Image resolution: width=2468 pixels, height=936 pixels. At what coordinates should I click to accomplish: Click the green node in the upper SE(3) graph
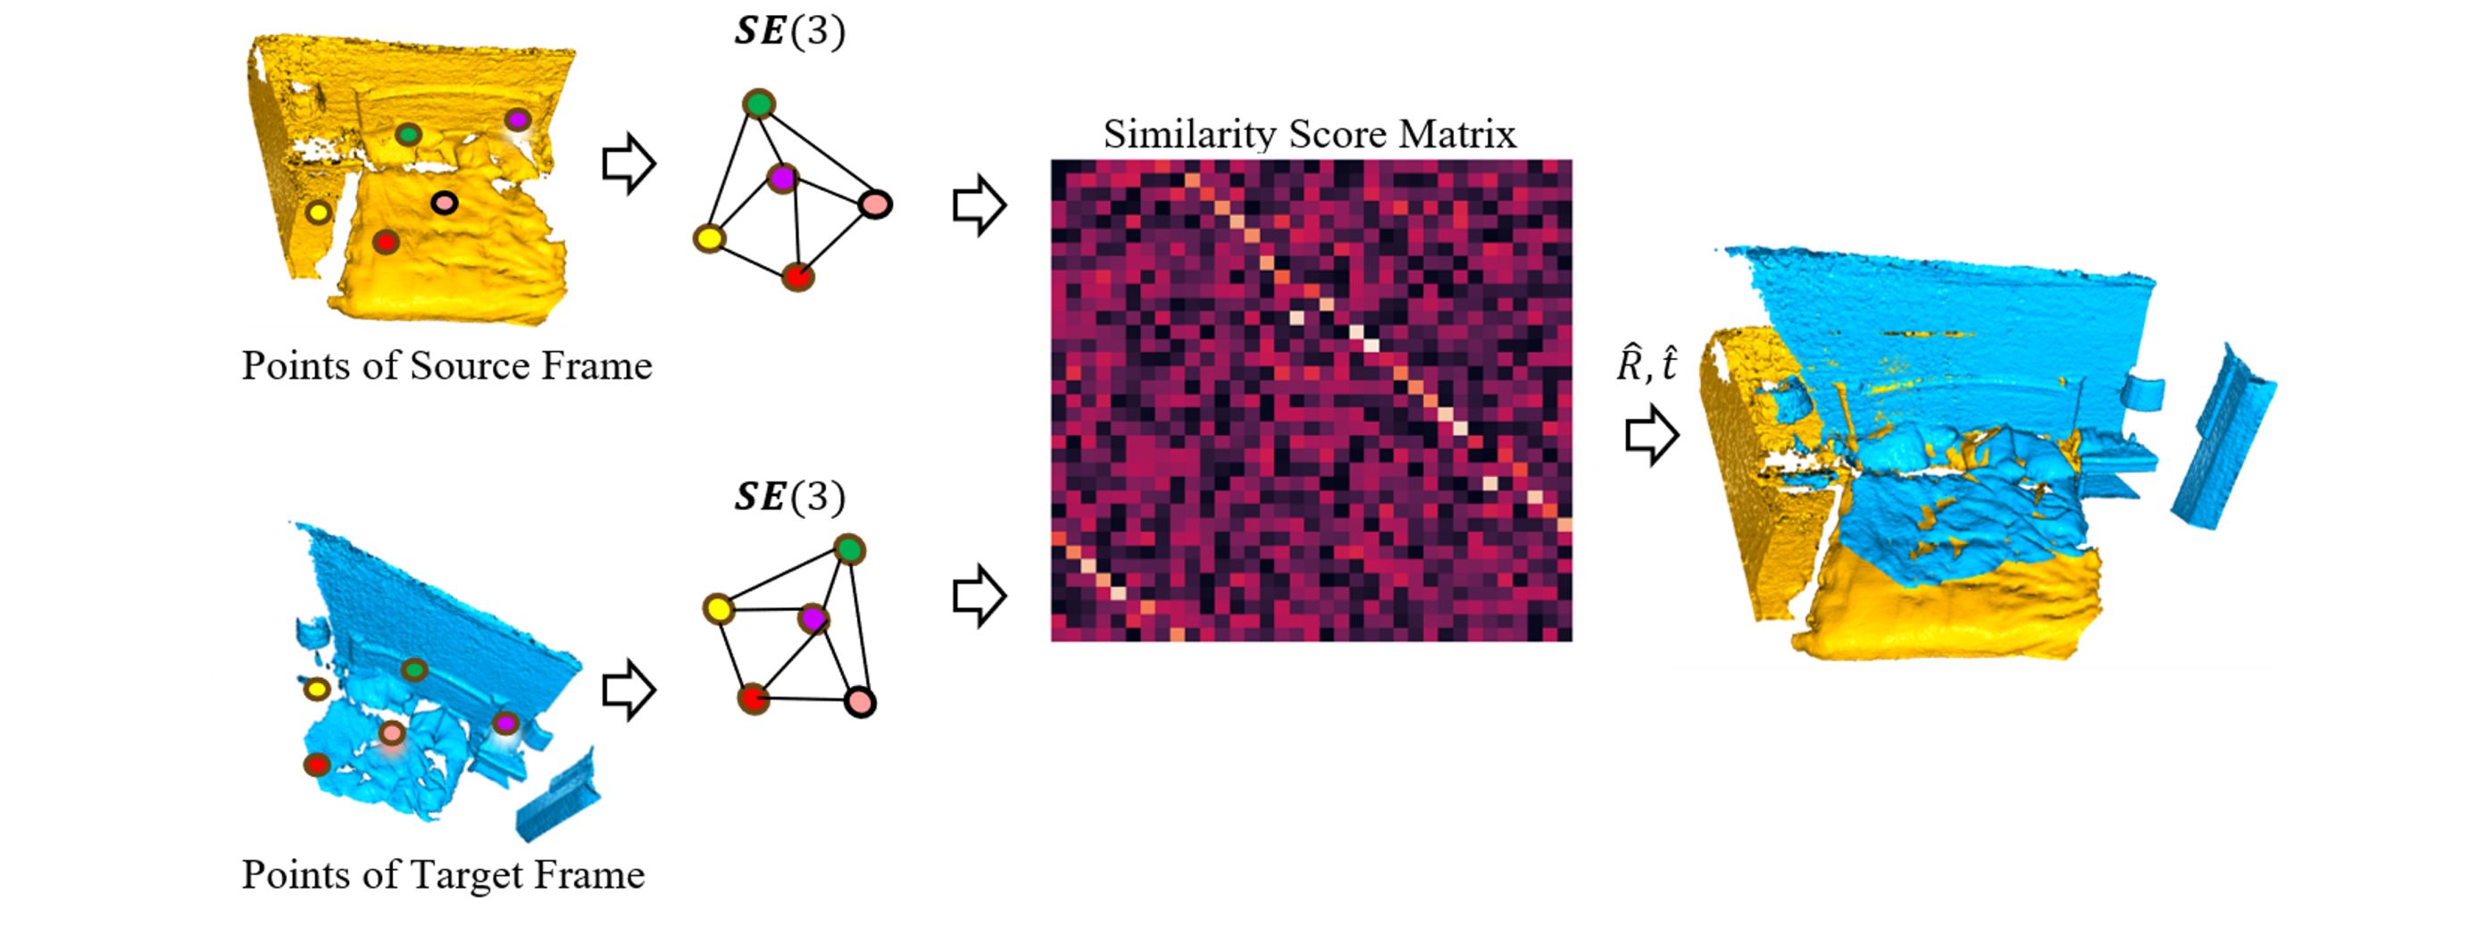759,104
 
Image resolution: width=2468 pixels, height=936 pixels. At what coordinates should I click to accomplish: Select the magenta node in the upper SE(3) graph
783,177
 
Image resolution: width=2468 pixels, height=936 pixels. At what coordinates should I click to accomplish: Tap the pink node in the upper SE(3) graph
875,203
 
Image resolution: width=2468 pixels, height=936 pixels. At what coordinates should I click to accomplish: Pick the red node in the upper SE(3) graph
797,277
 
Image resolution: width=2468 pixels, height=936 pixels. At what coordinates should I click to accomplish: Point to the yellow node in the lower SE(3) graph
718,608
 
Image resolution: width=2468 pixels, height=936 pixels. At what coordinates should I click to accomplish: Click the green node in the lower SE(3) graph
849,550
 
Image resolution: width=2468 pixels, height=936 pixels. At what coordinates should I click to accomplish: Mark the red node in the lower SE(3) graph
753,698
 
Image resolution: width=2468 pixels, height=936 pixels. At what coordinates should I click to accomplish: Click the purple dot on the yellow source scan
517,120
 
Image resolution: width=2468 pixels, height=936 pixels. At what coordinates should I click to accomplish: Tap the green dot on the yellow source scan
408,134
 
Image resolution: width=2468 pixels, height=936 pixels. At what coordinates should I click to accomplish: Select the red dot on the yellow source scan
385,242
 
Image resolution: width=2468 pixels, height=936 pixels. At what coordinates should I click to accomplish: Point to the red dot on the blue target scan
316,765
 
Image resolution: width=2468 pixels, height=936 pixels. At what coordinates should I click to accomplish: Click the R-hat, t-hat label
1646,365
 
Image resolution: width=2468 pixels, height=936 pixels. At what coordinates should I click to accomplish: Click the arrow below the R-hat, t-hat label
1652,436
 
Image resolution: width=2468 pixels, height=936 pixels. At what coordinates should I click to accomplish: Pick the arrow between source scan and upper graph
629,163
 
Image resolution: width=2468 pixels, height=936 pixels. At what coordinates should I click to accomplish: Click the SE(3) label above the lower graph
789,497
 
